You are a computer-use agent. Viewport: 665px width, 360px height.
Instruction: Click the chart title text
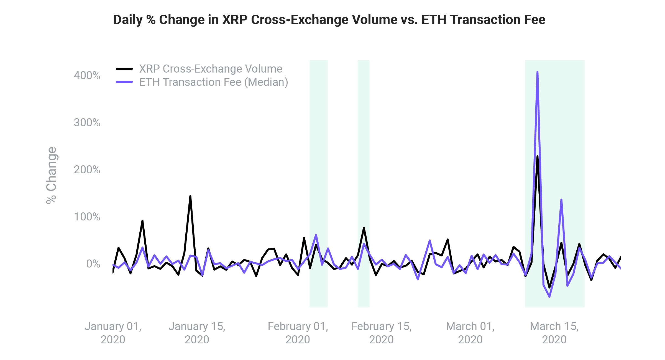click(x=329, y=20)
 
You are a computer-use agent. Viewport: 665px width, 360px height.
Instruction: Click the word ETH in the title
click(x=434, y=20)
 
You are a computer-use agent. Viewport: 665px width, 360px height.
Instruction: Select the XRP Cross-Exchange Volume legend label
click(x=211, y=69)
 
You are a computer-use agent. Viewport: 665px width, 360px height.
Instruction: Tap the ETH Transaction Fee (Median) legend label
click(x=213, y=82)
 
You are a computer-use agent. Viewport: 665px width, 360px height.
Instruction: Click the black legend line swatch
click(x=124, y=69)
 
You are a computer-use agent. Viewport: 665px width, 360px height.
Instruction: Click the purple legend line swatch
click(x=124, y=82)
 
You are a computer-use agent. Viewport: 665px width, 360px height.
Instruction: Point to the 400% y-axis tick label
click(x=87, y=75)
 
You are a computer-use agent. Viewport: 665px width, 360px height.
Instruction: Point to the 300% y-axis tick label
click(x=87, y=122)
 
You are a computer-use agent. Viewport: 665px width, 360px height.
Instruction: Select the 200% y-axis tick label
click(x=87, y=169)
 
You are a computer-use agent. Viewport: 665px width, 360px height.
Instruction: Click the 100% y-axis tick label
click(x=87, y=217)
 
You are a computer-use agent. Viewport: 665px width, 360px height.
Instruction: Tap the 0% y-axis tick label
click(x=93, y=264)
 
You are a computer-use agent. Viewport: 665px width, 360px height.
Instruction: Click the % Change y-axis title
click(x=52, y=176)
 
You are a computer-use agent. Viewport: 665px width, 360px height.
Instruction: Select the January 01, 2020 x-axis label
click(x=113, y=333)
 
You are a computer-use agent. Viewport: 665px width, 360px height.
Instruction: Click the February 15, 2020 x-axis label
click(x=381, y=333)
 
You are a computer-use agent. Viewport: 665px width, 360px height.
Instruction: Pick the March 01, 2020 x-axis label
click(x=470, y=333)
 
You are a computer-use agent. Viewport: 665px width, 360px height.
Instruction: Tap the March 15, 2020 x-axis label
click(x=554, y=333)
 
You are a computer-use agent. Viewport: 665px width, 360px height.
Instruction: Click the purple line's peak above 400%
click(x=537, y=73)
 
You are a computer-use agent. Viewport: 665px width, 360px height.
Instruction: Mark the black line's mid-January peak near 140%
click(x=190, y=197)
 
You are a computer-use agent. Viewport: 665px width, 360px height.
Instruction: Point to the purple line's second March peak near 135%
click(x=561, y=200)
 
